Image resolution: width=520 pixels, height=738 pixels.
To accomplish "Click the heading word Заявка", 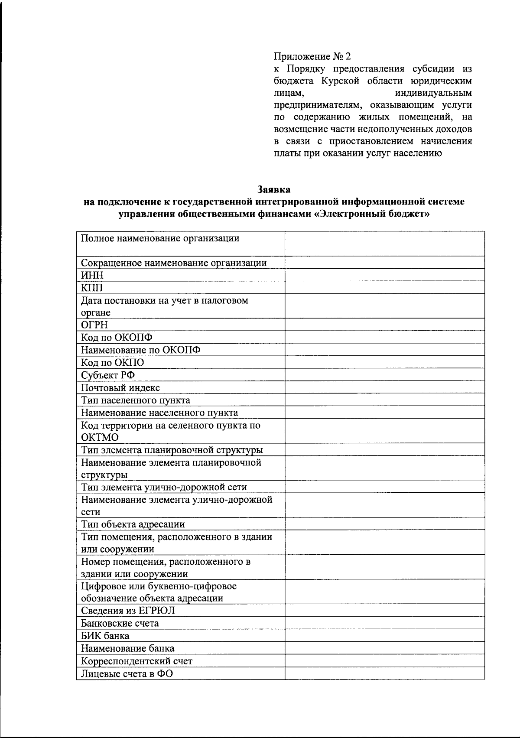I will tap(274, 189).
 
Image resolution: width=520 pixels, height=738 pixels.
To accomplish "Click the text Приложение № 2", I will tap(312, 56).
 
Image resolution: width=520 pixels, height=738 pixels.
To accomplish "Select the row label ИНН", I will tap(92, 275).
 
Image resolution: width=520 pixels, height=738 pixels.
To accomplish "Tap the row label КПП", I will tap(92, 288).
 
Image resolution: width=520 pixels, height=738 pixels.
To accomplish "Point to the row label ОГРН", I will tap(94, 325).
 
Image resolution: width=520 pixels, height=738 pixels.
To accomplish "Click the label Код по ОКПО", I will tap(113, 363).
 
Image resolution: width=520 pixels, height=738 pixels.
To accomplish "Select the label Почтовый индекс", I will tap(120, 388).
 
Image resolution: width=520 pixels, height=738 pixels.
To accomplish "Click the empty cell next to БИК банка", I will tap(384, 636).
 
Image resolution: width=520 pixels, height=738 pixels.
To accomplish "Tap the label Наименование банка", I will tap(128, 648).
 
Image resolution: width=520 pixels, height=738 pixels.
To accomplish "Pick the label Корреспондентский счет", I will tap(136, 661).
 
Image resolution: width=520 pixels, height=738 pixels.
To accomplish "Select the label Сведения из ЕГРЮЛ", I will tap(128, 611).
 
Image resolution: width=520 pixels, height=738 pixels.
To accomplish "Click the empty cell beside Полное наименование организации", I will tap(384, 244).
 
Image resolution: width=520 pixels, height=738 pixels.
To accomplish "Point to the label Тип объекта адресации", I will tap(133, 524).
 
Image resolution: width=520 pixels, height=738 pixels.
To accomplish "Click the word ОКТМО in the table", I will tap(100, 437).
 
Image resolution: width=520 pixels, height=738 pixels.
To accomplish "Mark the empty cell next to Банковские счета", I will tap(384, 623).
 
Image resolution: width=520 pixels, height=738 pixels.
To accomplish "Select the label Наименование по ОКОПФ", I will tap(141, 350).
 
